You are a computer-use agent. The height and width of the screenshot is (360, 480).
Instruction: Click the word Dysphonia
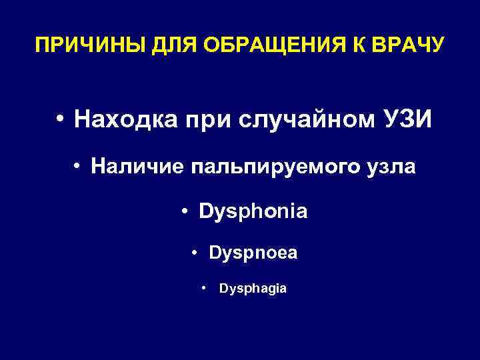click(253, 213)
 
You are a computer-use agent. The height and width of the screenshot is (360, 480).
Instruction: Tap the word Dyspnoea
click(253, 254)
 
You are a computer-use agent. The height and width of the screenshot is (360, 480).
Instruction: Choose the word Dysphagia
click(253, 289)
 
